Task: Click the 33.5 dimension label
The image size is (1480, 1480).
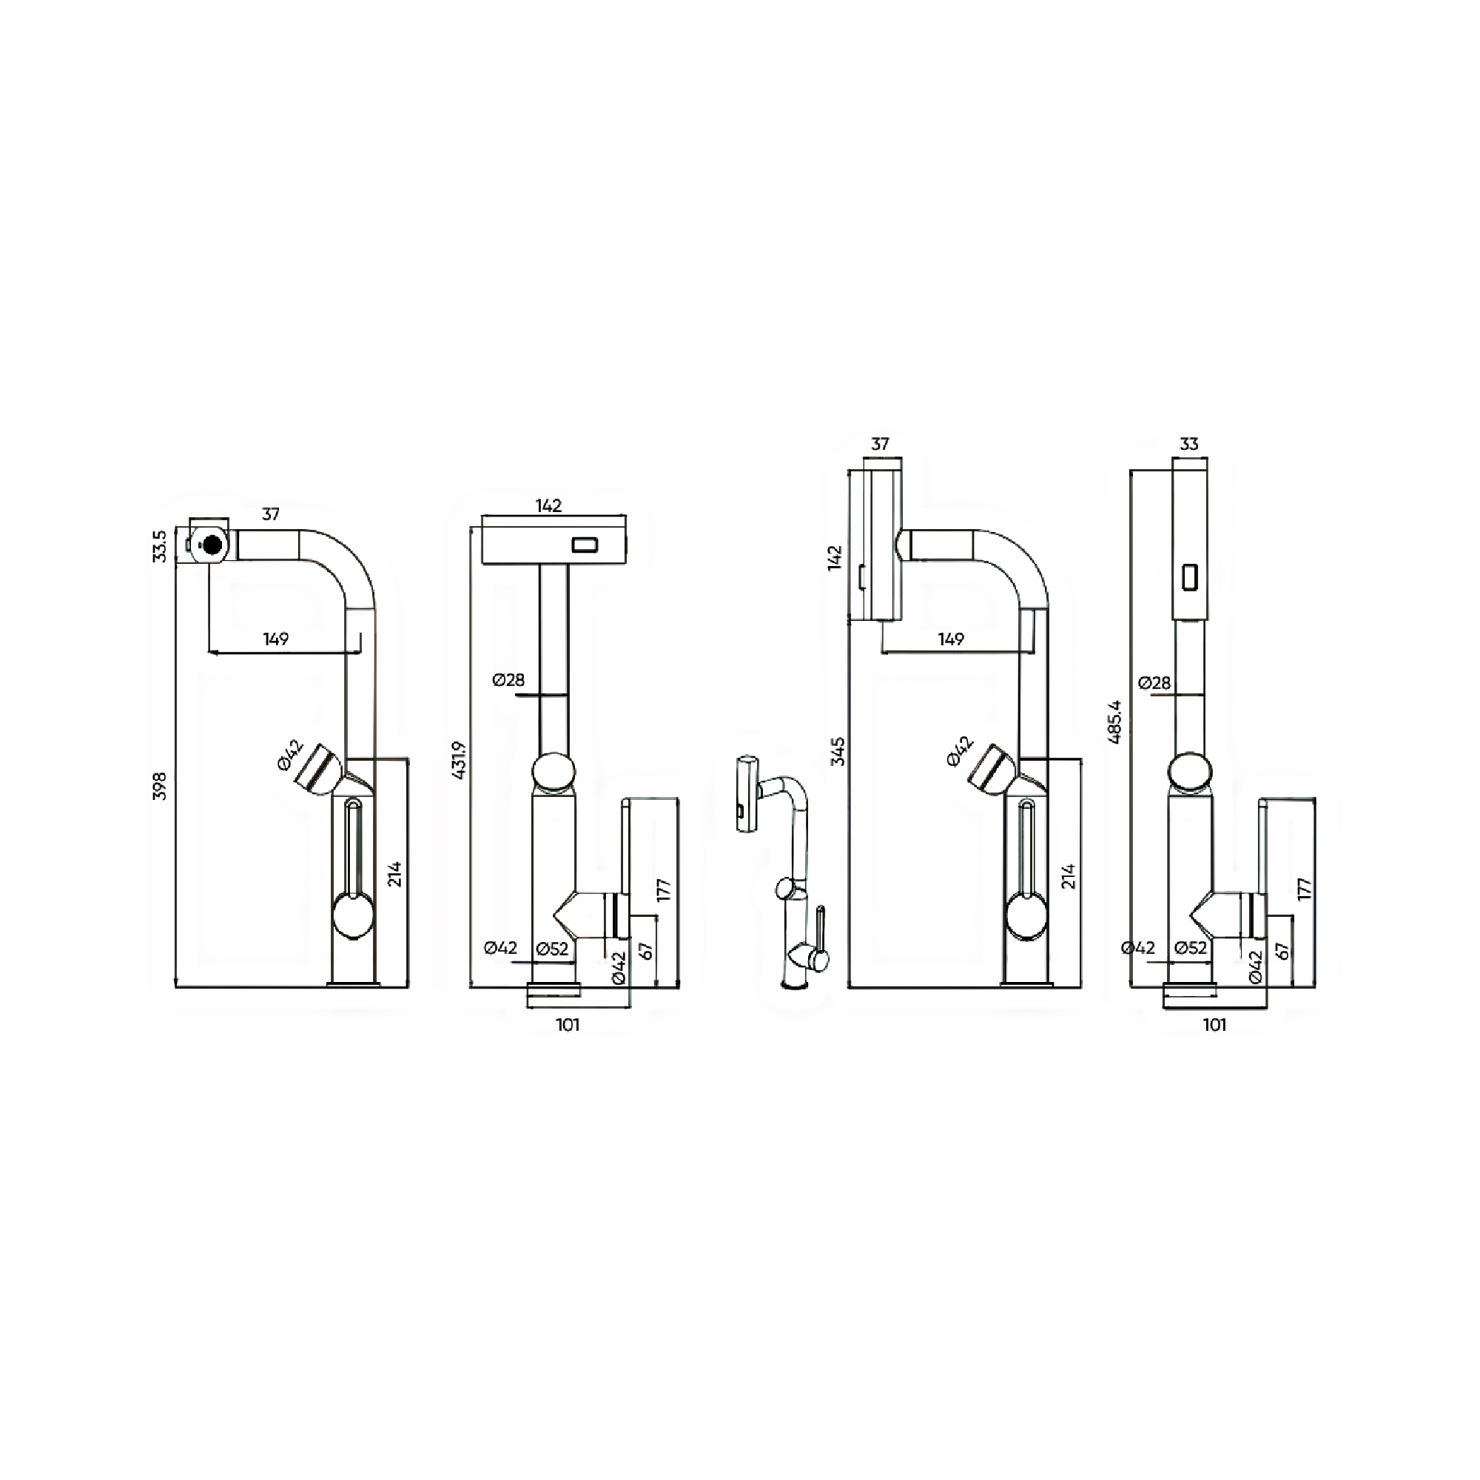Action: [159, 546]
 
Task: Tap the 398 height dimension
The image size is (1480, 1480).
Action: [160, 787]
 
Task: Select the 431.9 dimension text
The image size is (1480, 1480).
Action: [460, 761]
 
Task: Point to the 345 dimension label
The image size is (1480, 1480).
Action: [839, 752]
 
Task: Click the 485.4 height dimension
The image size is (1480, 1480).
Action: [1115, 721]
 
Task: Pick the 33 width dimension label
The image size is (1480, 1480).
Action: [1189, 444]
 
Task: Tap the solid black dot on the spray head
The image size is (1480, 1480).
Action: [212, 545]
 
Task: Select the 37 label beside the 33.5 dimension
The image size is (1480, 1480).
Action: [270, 514]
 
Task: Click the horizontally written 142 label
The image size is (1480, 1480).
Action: [548, 505]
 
